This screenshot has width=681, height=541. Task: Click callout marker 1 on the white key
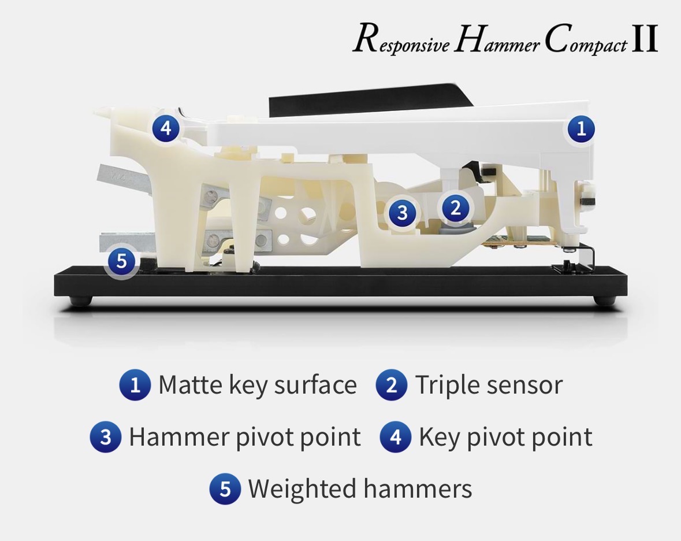pos(581,129)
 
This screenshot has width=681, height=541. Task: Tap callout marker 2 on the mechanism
pos(455,207)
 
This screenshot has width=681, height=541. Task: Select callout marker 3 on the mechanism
pos(402,213)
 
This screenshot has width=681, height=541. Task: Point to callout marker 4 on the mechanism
pos(166,128)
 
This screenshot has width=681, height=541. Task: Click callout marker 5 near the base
pos(122,261)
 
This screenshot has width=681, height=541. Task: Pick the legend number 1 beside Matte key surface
pos(135,384)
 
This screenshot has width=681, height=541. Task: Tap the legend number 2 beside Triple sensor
pos(391,384)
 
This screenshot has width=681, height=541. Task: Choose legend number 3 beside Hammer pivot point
pos(106,437)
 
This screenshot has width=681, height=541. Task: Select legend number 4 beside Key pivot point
pos(395,437)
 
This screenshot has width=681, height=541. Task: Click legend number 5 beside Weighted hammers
pos(225,488)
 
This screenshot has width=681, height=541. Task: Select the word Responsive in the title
pos(401,40)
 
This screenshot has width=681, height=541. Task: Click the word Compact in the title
pos(586,40)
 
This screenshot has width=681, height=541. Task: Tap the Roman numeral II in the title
pos(645,38)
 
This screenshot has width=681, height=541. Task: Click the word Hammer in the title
pos(497,39)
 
